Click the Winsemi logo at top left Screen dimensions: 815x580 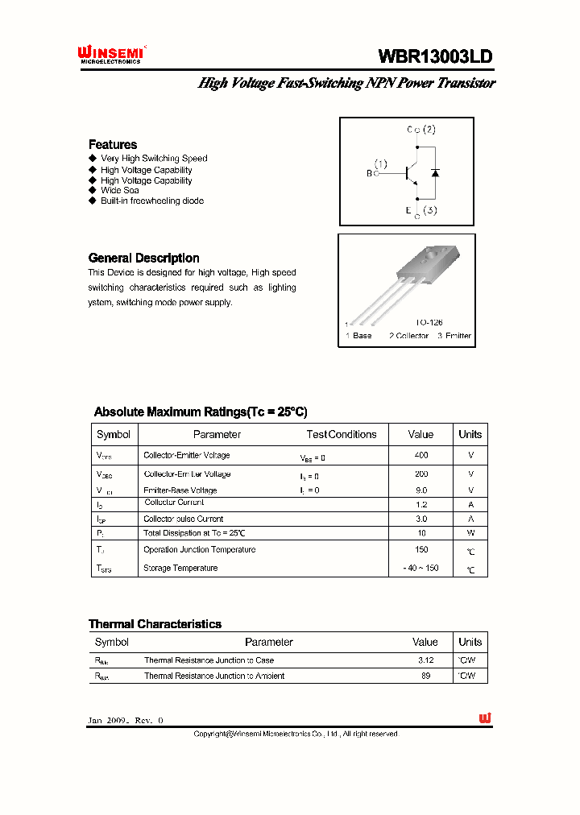tap(110, 54)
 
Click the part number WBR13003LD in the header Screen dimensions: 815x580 tap(435, 56)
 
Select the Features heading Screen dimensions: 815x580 tap(113, 144)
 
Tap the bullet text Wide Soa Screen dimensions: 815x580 tap(119, 191)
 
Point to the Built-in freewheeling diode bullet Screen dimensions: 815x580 tap(151, 201)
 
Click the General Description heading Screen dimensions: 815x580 tap(143, 258)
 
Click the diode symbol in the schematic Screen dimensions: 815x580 tap(435, 172)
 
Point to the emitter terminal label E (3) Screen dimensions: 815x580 tap(421, 212)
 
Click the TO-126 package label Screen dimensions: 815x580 tap(429, 322)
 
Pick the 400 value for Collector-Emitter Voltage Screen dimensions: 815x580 tap(420, 456)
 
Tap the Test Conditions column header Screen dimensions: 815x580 tap(342, 434)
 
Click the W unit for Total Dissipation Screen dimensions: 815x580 tap(470, 533)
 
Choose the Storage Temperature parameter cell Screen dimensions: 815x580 tap(180, 568)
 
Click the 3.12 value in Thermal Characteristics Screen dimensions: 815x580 tap(425, 660)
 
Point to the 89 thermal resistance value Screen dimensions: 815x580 tap(425, 676)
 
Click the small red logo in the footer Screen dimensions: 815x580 tap(484, 718)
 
